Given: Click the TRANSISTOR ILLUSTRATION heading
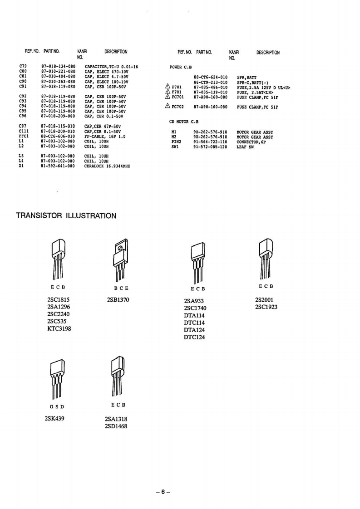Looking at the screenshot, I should pos(66,215).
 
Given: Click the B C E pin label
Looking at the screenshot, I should pos(121,288).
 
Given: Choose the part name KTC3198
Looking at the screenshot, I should pos(59,328).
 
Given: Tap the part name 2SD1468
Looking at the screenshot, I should pos(116,426).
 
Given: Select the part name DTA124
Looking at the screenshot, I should pos(194,330).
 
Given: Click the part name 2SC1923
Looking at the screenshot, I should pos(266,307).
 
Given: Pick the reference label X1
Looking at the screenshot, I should pos(21,166).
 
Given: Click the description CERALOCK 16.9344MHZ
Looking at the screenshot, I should pos(107,166).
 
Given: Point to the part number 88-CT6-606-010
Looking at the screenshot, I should pos(58,136).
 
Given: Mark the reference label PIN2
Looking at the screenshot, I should pos(176,142).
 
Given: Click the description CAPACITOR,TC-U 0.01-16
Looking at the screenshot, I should pos(111,67).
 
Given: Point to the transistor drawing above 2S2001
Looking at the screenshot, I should pos(265,259).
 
